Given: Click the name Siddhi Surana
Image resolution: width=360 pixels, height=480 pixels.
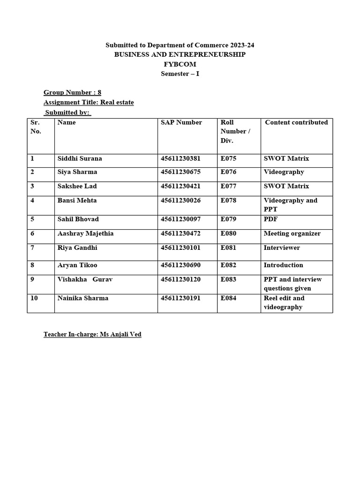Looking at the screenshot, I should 79,158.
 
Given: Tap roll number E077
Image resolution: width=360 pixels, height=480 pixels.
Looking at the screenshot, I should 229,186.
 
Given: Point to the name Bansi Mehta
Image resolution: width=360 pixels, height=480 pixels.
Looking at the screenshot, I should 77,201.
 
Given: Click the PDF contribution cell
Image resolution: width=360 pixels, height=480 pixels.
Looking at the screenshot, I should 270,219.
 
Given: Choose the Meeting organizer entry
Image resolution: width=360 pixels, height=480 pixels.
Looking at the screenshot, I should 292,233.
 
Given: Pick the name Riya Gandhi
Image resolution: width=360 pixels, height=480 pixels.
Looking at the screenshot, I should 77,247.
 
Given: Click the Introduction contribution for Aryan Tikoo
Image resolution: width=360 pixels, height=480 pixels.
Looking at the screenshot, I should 283,265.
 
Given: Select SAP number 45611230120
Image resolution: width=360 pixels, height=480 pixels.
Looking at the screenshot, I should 180,279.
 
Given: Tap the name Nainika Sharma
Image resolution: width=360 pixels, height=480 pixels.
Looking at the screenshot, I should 82,298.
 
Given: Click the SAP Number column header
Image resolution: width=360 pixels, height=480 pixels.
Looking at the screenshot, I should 181,122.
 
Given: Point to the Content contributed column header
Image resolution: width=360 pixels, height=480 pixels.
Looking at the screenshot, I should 296,122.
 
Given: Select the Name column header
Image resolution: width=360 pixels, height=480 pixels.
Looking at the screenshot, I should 66,122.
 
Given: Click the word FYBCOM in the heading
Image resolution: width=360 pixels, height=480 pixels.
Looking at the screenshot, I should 180,64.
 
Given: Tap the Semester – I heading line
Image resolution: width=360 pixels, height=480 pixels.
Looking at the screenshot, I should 180,74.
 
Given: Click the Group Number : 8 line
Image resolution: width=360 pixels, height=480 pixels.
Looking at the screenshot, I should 72,92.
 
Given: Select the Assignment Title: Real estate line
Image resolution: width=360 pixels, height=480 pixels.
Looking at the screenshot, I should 89,102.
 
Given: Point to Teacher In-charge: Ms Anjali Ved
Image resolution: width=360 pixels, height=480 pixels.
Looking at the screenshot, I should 92,335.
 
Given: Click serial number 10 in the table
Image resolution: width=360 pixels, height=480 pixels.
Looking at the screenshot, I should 34,298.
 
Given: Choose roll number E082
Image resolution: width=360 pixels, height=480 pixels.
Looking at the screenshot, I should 229,265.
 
